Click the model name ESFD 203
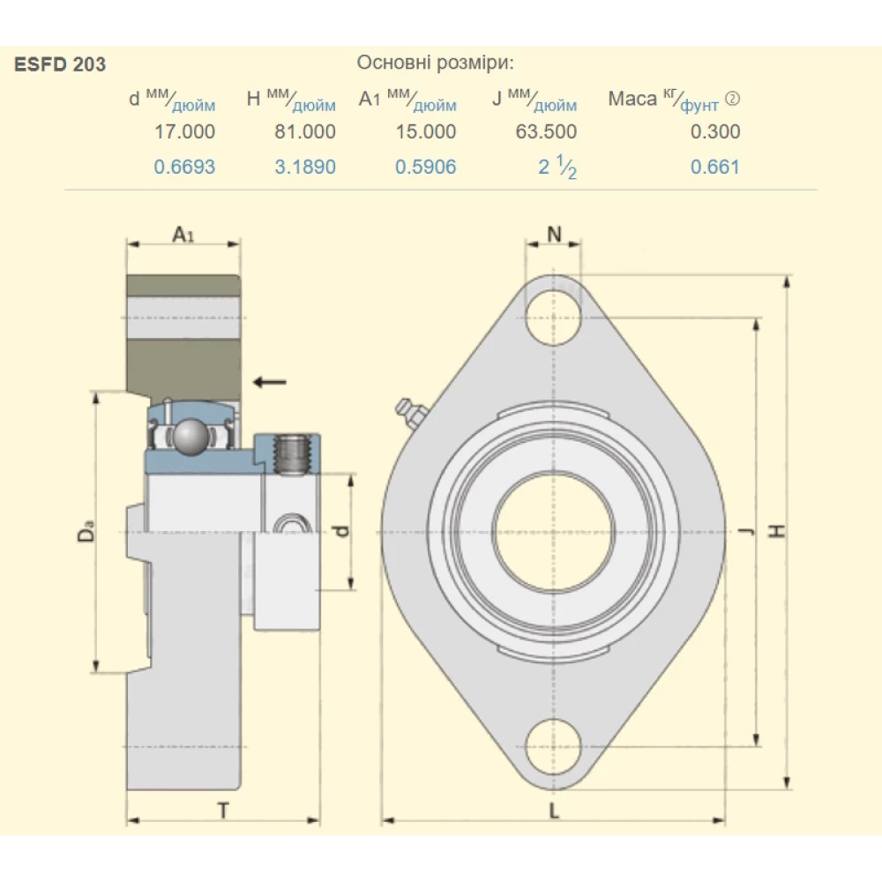[x=60, y=64]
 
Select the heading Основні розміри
[x=434, y=63]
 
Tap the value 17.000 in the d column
[x=184, y=131]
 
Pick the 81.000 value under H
[x=305, y=131]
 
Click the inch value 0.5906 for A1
[x=426, y=167]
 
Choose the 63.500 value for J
[x=547, y=131]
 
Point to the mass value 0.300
[x=715, y=131]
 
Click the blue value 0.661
[x=715, y=167]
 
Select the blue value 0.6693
[x=184, y=167]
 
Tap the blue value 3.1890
[x=305, y=167]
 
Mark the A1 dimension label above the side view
[x=183, y=235]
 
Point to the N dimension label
[x=554, y=234]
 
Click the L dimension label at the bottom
[x=554, y=811]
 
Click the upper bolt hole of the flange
[x=554, y=314]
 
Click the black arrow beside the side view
[x=269, y=381]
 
